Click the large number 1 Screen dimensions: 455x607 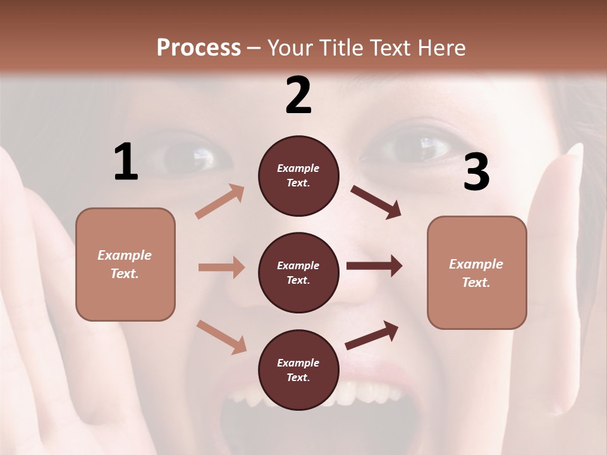click(126, 162)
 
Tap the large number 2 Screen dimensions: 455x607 click(298, 95)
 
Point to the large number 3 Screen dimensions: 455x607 click(476, 173)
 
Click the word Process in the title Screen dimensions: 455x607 click(199, 47)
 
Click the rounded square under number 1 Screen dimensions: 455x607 click(125, 264)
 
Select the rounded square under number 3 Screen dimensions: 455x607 click(477, 272)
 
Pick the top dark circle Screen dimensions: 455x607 click(298, 176)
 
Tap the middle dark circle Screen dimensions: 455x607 click(298, 272)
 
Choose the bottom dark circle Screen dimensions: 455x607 click(298, 370)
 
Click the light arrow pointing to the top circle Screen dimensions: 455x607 click(220, 202)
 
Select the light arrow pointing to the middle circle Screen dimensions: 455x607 click(221, 267)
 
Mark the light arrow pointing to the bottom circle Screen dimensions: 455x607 click(221, 336)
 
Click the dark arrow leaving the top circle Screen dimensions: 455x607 click(376, 202)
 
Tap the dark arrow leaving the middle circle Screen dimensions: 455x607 click(374, 266)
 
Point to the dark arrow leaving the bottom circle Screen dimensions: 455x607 click(372, 335)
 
